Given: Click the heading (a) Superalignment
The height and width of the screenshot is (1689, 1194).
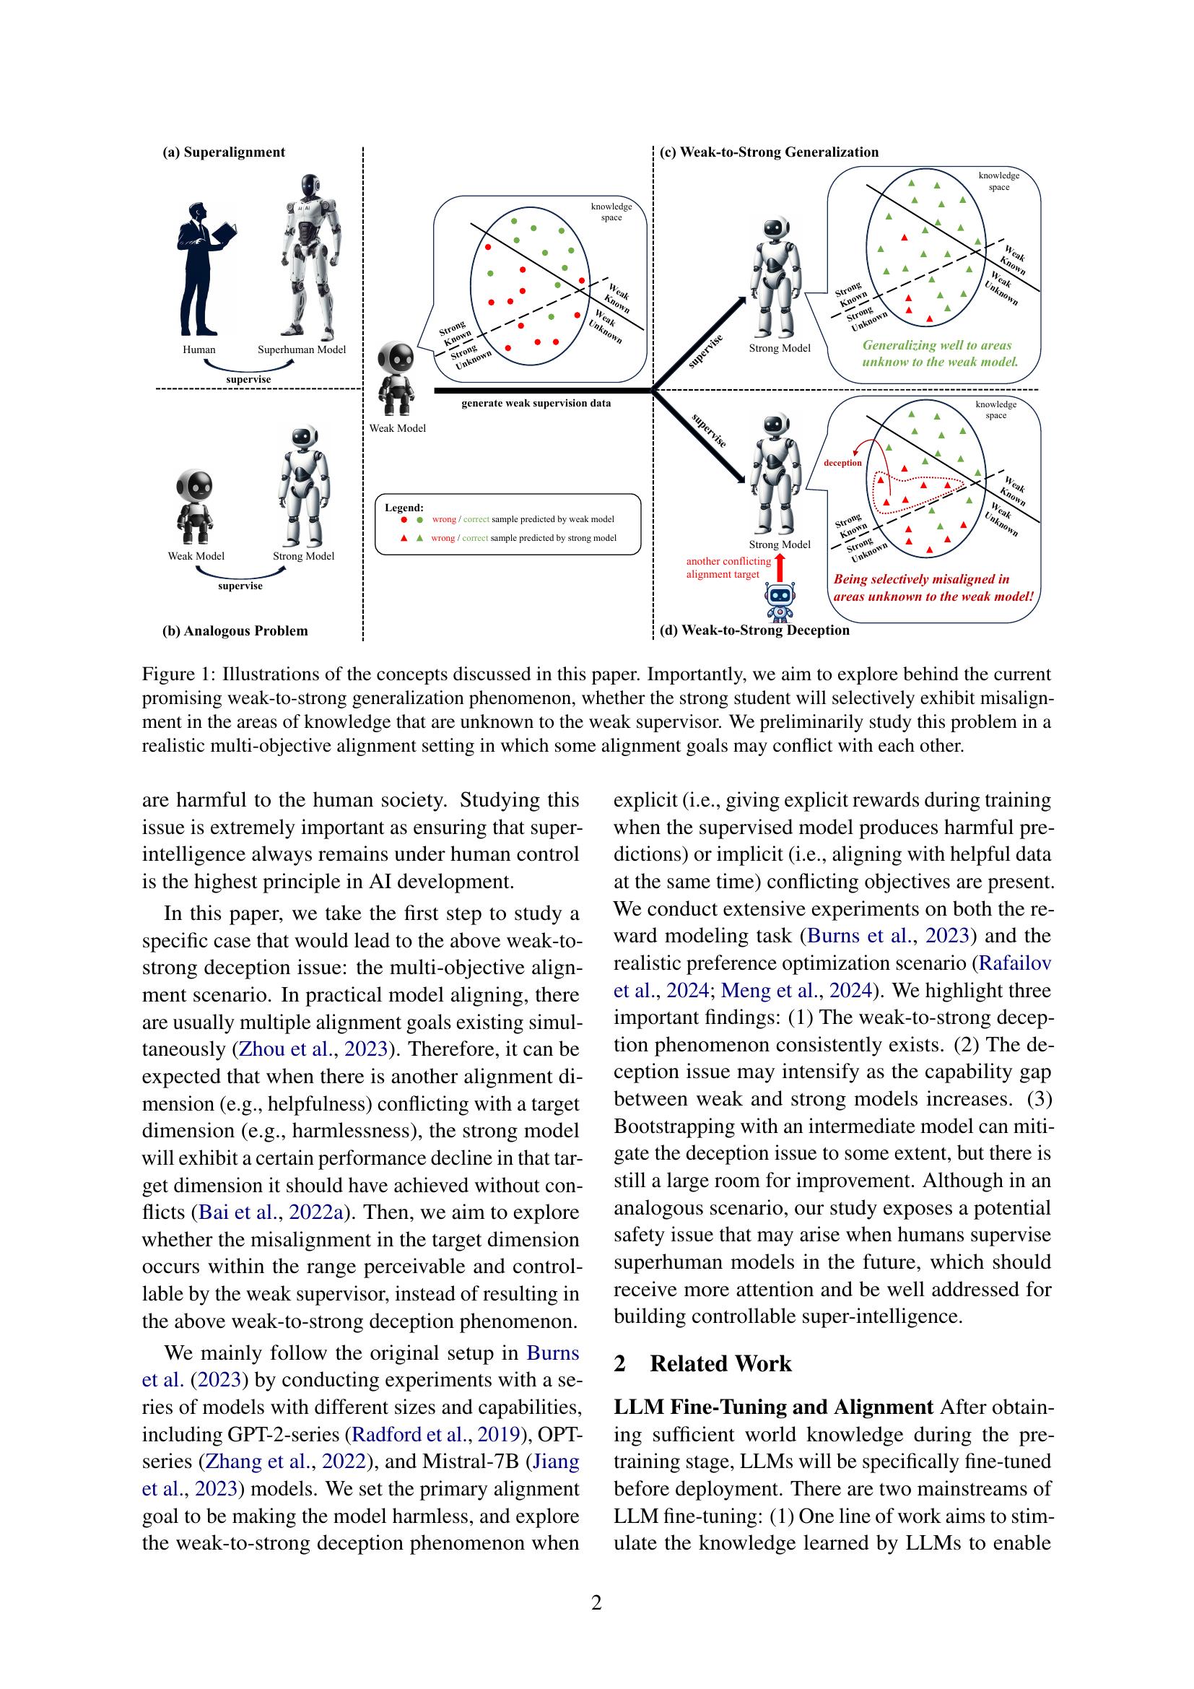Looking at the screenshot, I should (x=224, y=152).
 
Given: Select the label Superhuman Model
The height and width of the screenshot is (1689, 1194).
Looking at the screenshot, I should (x=302, y=349).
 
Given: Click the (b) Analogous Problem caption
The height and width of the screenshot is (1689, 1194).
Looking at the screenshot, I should (x=235, y=630).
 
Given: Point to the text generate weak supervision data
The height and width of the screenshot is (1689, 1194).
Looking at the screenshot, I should (x=536, y=403).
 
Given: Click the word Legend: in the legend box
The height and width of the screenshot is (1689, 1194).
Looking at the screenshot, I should (x=404, y=507).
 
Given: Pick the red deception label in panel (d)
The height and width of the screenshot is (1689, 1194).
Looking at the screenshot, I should (x=842, y=463).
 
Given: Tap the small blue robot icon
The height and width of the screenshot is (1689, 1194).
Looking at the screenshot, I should (x=781, y=600).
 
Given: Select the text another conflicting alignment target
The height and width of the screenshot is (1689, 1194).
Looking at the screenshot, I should (x=728, y=567).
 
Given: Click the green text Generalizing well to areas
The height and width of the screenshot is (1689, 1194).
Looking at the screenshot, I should (x=936, y=345).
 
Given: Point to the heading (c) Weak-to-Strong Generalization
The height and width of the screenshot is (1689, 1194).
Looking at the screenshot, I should (x=769, y=152).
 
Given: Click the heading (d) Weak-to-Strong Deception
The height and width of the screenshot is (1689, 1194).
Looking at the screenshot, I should (x=754, y=630).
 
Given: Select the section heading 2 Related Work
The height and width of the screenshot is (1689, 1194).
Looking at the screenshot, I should (x=702, y=1363).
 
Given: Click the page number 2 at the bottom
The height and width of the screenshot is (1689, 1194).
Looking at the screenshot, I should (x=596, y=1602).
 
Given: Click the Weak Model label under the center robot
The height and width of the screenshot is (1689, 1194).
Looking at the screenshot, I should (x=397, y=428).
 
